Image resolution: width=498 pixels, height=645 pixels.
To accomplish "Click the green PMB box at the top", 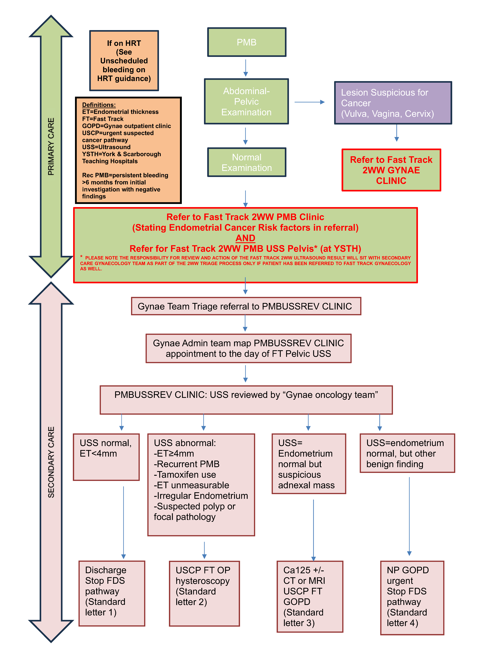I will point(247,42).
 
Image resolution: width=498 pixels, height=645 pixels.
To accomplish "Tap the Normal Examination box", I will point(247,162).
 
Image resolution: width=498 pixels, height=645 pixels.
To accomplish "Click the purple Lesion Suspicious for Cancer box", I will point(393,103).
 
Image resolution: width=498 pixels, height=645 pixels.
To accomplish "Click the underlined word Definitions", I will point(99,105).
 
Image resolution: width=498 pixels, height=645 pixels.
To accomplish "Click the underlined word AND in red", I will point(245,238).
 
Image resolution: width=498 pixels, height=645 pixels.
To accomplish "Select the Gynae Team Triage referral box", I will point(246,306).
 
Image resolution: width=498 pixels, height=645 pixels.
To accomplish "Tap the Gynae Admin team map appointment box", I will point(248,348).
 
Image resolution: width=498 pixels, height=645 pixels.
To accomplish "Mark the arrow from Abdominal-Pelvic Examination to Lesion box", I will point(309,102).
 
